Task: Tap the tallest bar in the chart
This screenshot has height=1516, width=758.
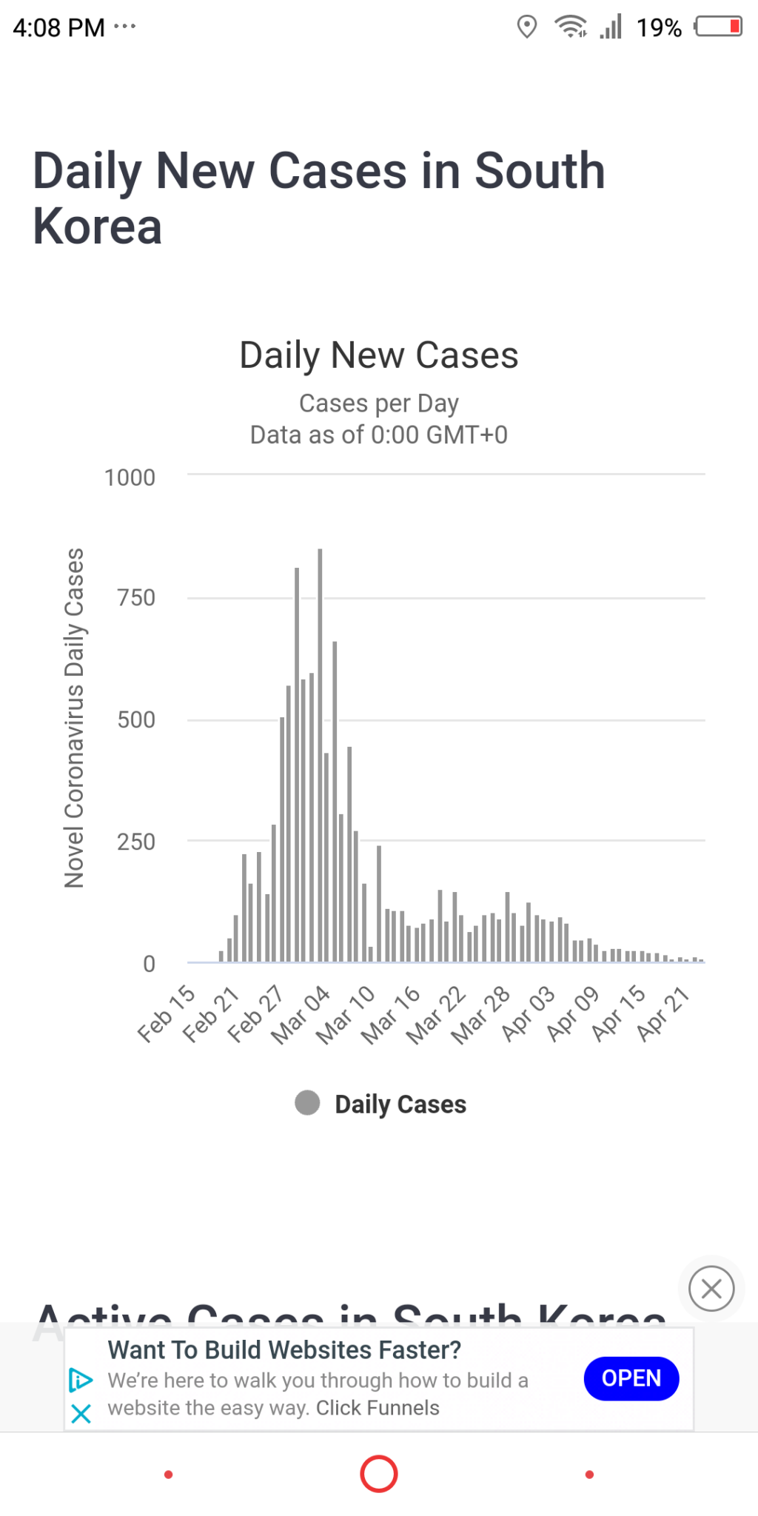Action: click(x=320, y=755)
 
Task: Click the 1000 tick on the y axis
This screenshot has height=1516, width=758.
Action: click(x=130, y=478)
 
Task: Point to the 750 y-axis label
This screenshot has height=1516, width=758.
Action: click(x=136, y=598)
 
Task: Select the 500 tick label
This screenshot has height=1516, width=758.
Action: click(x=136, y=720)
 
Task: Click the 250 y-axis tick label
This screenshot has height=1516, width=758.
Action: click(x=136, y=842)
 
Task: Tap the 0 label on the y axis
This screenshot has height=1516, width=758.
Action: click(x=149, y=964)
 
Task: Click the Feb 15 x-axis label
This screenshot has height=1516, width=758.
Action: click(x=167, y=1013)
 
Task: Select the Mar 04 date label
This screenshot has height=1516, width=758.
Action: click(x=301, y=1014)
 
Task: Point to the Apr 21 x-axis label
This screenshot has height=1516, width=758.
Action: click(x=663, y=1013)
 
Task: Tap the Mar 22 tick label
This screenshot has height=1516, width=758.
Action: click(x=437, y=1014)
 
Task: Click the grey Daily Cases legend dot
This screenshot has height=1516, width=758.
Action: click(x=307, y=1103)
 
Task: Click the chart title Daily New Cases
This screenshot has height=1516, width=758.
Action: click(x=379, y=355)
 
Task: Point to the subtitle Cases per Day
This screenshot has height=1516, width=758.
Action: click(x=379, y=403)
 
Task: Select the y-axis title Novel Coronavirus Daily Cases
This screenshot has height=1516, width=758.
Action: click(x=75, y=718)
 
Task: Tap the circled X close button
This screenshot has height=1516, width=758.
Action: click(x=711, y=1289)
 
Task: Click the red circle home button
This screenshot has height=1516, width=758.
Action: click(x=379, y=1474)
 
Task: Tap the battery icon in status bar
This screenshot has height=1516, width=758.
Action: click(x=718, y=27)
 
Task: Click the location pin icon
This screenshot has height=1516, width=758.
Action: click(x=526, y=27)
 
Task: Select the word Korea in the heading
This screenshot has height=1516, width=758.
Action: click(x=98, y=227)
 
